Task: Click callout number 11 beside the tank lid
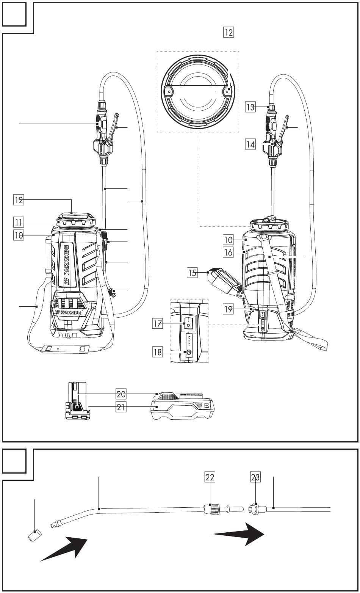pyautogui.click(x=19, y=222)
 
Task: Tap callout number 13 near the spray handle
pyautogui.click(x=250, y=107)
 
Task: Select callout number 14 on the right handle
pyautogui.click(x=250, y=144)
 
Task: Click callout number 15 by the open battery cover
pyautogui.click(x=192, y=273)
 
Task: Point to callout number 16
pyautogui.click(x=228, y=252)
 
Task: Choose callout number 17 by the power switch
pyautogui.click(x=157, y=324)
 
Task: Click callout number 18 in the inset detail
pyautogui.click(x=157, y=352)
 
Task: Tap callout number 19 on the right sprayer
pyautogui.click(x=228, y=309)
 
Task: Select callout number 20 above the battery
pyautogui.click(x=121, y=394)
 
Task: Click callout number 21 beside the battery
pyautogui.click(x=121, y=407)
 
